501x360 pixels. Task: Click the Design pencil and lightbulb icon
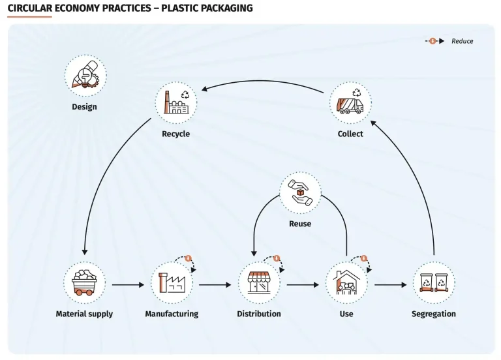click(85, 75)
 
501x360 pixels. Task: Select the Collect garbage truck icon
click(350, 102)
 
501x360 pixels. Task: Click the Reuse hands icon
click(300, 192)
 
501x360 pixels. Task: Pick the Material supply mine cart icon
click(84, 282)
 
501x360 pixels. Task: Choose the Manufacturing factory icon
click(172, 282)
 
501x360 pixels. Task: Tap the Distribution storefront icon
click(259, 282)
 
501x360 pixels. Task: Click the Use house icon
click(346, 282)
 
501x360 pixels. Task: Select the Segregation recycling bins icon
click(434, 282)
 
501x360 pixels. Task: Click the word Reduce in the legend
click(462, 41)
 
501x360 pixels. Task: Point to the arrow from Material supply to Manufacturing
click(128, 284)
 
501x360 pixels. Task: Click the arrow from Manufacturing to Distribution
click(215, 284)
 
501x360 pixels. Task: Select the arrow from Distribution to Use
click(303, 284)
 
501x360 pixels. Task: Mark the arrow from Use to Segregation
click(390, 284)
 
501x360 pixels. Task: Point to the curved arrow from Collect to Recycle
click(262, 81)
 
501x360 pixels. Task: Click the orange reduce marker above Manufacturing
click(188, 258)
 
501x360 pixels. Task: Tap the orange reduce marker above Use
click(364, 258)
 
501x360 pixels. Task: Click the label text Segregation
click(434, 314)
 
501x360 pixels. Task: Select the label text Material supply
click(84, 314)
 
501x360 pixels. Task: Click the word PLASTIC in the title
click(181, 8)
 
